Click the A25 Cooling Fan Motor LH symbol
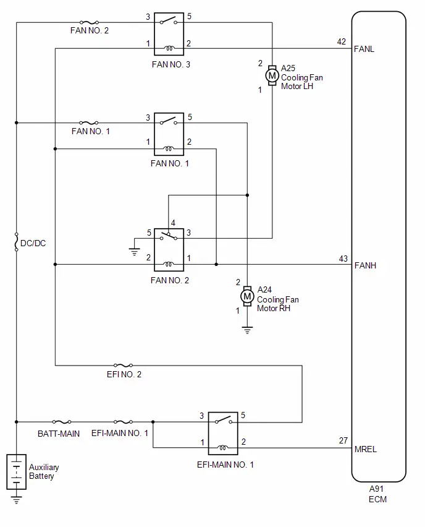pos(272,75)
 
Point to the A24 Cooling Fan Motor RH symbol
pos(248,296)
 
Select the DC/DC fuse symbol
pos(17,242)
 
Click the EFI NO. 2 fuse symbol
pos(123,366)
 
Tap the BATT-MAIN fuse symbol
pos(62,422)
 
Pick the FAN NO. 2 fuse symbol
pos(89,22)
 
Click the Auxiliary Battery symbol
pos(17,472)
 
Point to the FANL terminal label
pos(364,49)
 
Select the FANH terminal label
pos(365,265)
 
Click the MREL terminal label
pos(366,449)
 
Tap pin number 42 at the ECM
pos(342,41)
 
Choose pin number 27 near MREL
pos(343,440)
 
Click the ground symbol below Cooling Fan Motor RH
pos(248,330)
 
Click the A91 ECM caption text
pos(377,494)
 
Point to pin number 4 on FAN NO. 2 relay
pos(173,223)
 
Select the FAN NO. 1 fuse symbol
pos(89,123)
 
